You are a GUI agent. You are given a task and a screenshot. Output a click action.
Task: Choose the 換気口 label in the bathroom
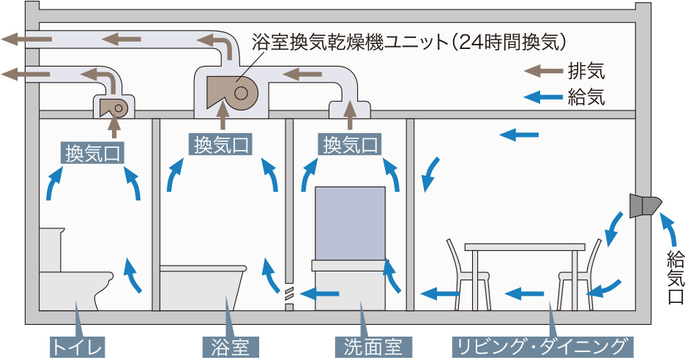coord(222,144)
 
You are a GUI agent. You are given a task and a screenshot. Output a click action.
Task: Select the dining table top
coord(526,247)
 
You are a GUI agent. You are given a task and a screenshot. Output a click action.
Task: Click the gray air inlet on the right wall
coord(644,206)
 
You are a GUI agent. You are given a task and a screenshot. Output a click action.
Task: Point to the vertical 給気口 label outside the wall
coord(674,278)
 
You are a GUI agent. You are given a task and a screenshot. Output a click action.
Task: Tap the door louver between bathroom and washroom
coord(288,295)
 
